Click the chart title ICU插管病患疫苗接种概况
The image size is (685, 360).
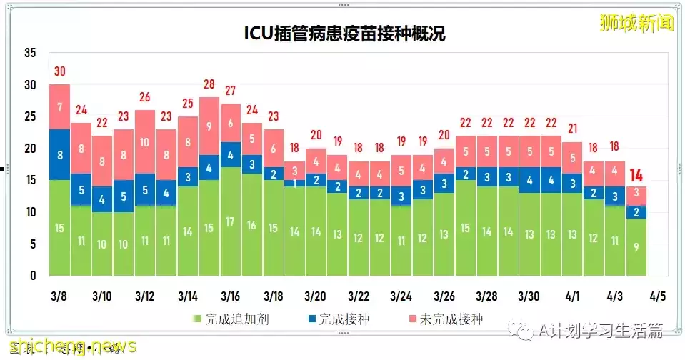pyautogui.click(x=344, y=34)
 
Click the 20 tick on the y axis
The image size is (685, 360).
pyautogui.click(x=29, y=149)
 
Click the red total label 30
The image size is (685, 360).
pyautogui.click(x=59, y=71)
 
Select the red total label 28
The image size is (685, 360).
pyautogui.click(x=209, y=84)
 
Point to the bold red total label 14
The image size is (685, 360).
pyautogui.click(x=635, y=175)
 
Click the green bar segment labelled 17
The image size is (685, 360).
pyautogui.click(x=230, y=221)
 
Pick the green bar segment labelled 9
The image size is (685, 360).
pyautogui.click(x=635, y=247)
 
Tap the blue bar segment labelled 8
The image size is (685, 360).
pyautogui.click(x=59, y=155)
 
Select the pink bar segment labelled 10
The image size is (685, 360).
pyautogui.click(x=144, y=141)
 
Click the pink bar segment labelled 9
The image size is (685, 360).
pyautogui.click(x=209, y=126)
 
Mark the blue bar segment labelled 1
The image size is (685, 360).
pyautogui.click(x=294, y=183)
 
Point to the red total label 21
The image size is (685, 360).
pyautogui.click(x=571, y=129)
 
